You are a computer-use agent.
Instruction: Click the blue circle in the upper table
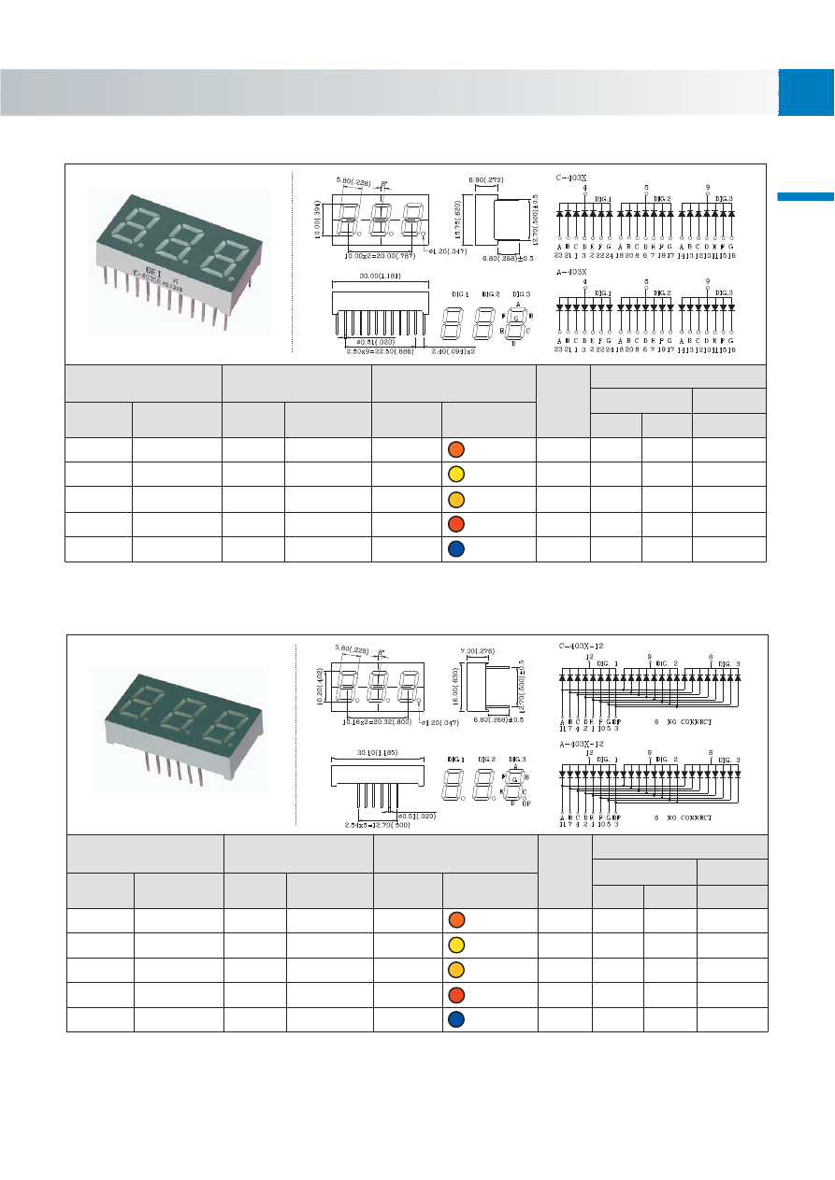[x=454, y=548]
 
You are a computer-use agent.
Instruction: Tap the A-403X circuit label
[x=571, y=272]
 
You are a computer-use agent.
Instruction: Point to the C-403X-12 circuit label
[x=578, y=645]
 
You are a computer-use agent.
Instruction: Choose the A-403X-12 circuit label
[x=578, y=743]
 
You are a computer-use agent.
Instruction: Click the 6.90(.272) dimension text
[x=485, y=178]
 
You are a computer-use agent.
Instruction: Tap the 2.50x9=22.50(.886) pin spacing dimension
[x=379, y=351]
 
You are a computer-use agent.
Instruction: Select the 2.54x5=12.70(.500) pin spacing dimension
[x=378, y=824]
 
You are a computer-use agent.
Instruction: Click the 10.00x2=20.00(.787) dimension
[x=382, y=254]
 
